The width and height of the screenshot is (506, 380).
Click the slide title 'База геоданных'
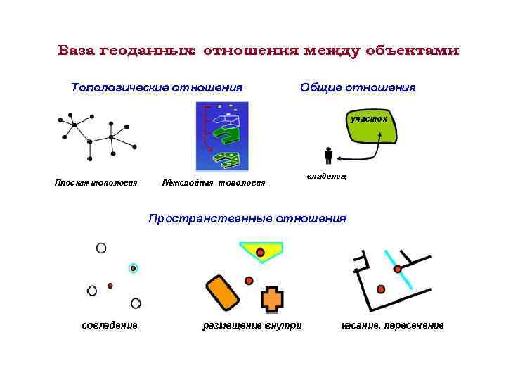[258, 51]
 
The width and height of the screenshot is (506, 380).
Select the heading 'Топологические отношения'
[157, 88]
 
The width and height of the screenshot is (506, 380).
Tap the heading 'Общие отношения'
[358, 88]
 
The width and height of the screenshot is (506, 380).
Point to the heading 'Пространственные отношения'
[247, 218]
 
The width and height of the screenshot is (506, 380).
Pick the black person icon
[328, 156]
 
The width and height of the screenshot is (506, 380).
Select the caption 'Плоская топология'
[96, 183]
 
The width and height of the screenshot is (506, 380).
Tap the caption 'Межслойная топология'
[214, 183]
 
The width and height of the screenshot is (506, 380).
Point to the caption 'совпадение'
[110, 325]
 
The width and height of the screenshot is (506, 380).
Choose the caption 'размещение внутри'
[252, 325]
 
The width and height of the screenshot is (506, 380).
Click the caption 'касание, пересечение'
[393, 325]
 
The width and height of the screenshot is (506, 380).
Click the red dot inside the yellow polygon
[260, 252]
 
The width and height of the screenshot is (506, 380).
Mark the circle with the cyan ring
[134, 268]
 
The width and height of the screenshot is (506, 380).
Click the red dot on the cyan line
[397, 269]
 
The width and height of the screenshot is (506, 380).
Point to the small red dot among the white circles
[110, 286]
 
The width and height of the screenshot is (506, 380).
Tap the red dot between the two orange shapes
[249, 281]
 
